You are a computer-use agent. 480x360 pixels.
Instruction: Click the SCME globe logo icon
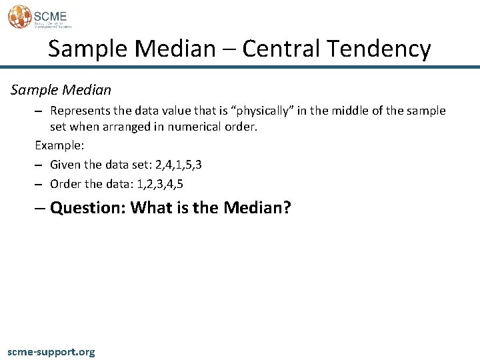pyautogui.click(x=19, y=17)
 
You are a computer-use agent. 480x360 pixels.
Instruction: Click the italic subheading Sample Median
pyautogui.click(x=60, y=89)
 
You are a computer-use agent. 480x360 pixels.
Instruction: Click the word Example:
pyautogui.click(x=59, y=145)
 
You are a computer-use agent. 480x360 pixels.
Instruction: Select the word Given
pyautogui.click(x=65, y=164)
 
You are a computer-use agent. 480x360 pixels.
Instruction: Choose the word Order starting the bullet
pyautogui.click(x=65, y=183)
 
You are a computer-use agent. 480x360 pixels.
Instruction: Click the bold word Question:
pyautogui.click(x=88, y=208)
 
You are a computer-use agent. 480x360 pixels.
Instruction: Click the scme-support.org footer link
pyautogui.click(x=51, y=351)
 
